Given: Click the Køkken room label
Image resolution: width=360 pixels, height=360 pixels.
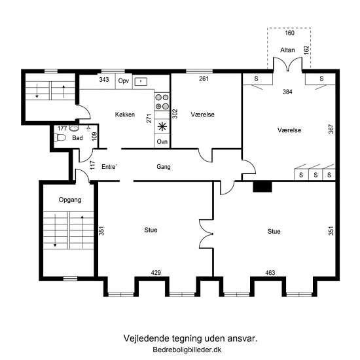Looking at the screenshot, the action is click(125, 115).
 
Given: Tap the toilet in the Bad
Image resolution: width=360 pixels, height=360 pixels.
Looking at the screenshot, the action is click(60, 137).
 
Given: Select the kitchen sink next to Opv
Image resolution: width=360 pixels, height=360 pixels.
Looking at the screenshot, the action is click(141, 81).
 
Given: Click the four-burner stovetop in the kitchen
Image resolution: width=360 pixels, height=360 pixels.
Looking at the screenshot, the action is click(162, 101).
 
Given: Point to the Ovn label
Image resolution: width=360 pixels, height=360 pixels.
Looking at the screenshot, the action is click(162, 141).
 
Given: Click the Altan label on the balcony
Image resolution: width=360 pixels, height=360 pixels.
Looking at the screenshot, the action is click(287, 50).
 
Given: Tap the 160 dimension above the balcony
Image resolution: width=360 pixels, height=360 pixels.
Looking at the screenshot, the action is click(289, 33).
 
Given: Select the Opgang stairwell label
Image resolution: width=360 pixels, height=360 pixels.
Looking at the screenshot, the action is click(70, 200).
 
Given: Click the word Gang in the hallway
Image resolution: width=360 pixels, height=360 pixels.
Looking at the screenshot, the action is click(164, 167).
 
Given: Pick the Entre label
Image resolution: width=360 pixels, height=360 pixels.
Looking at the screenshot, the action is click(109, 167).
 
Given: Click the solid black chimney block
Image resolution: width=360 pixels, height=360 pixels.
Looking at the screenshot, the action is click(262, 187).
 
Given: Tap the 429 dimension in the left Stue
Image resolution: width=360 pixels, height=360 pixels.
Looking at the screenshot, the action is click(156, 273).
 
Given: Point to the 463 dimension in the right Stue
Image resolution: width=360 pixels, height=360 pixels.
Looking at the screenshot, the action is click(270, 273).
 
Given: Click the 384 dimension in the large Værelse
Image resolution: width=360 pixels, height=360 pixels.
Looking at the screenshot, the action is click(287, 92).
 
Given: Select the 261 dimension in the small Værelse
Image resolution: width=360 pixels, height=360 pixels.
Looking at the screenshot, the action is click(204, 79).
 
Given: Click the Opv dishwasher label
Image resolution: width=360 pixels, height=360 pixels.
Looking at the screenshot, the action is click(124, 81).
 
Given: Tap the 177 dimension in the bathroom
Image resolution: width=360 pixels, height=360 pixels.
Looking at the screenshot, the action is click(62, 128).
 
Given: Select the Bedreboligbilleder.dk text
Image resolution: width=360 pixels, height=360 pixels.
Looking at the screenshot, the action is click(187, 350).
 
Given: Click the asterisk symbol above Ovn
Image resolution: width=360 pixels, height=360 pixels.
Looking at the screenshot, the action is click(162, 126).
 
